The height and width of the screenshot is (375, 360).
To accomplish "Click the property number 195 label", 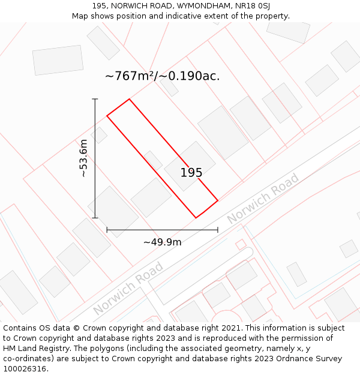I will point(191,173).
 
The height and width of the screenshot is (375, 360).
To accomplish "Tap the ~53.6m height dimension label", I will point(83,158).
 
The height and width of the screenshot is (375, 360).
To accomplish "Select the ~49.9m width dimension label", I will point(162,242).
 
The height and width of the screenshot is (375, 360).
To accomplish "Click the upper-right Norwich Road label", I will point(262,199).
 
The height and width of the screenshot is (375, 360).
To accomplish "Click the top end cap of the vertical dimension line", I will point(95,99).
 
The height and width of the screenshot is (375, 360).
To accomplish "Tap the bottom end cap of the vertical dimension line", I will point(95,218).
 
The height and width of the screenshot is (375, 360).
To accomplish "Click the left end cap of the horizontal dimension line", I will point(107,230).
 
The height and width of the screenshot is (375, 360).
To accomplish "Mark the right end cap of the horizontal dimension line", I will point(218,230).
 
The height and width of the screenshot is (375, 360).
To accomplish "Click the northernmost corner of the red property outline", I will point(129,99).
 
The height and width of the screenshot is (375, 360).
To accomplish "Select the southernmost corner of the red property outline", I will point(196,218).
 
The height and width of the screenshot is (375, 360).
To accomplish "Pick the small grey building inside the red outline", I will point(153,160).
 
